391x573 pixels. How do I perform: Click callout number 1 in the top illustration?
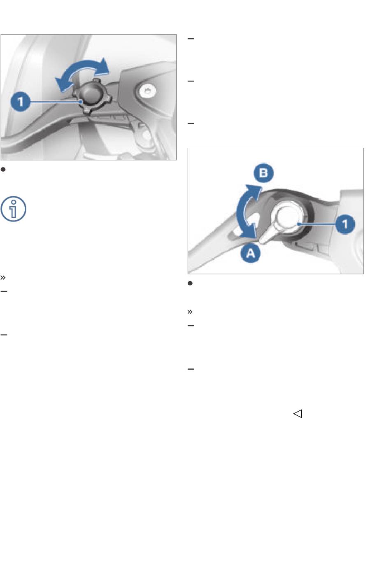coord(21,102)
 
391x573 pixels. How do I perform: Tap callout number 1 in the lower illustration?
coord(345,224)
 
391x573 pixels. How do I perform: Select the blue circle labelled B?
coord(263,173)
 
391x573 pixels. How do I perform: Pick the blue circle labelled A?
coord(251,253)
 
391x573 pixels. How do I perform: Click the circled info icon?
coord(13,209)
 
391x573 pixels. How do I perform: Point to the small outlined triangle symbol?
coord(298,414)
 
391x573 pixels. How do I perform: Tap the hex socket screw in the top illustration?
coord(147,91)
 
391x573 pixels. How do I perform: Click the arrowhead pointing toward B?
coord(256,191)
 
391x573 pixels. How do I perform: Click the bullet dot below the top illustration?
coord(3,169)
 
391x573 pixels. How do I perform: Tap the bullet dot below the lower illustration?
coord(190,283)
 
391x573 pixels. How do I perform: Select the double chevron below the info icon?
coord(3,277)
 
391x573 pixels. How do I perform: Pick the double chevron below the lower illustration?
coord(190,312)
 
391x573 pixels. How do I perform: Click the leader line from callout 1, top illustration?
coord(56,102)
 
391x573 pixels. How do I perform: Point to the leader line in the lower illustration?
coord(317,224)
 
